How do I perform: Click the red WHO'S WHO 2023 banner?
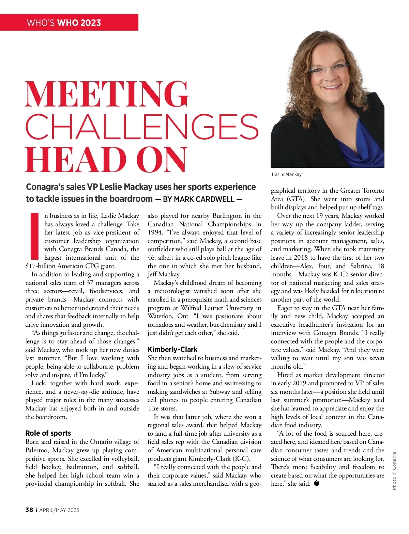[69, 22]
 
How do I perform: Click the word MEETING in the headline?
[106, 94]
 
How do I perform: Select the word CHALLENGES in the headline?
[142, 127]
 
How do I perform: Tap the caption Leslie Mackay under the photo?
[287, 174]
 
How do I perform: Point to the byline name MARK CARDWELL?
[204, 199]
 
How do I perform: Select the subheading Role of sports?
[48, 433]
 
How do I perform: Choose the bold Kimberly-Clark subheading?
[172, 350]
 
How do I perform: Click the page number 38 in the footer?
[29, 510]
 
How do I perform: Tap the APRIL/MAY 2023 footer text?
[59, 510]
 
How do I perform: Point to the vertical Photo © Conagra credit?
[394, 471]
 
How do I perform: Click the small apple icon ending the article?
[317, 483]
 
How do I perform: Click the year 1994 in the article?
[155, 233]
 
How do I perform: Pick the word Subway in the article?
[219, 392]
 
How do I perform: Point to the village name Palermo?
[36, 450]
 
